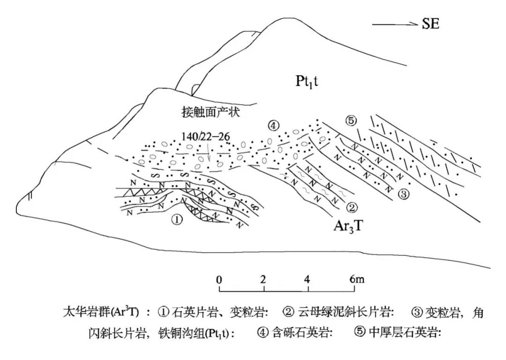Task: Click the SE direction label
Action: click(x=430, y=24)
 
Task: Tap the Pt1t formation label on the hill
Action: click(x=305, y=84)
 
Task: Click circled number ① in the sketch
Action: click(x=178, y=218)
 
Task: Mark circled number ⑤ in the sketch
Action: click(x=350, y=120)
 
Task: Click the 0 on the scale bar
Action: click(x=219, y=279)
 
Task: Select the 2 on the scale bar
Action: click(x=263, y=279)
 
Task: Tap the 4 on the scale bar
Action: click(x=307, y=279)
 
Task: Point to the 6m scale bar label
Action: click(x=357, y=279)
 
